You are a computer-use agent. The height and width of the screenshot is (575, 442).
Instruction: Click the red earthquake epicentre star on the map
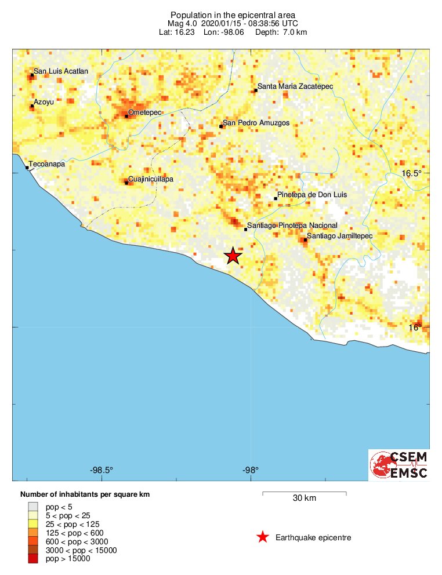click(233, 256)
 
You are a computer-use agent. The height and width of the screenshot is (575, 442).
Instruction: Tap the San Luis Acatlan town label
click(61, 71)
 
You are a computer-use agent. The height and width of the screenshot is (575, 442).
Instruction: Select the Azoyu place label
click(44, 102)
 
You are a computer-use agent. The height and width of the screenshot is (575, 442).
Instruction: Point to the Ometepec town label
click(144, 112)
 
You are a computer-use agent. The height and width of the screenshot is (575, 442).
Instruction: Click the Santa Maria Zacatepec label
click(295, 86)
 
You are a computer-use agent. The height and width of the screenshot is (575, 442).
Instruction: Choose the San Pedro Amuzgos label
click(256, 123)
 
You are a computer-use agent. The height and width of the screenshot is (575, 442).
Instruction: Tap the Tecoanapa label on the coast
click(47, 165)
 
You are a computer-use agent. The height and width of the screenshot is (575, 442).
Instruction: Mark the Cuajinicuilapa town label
click(150, 179)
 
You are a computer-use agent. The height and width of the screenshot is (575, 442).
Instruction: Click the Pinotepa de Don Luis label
click(312, 195)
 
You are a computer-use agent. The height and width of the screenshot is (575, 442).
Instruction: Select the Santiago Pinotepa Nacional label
click(292, 225)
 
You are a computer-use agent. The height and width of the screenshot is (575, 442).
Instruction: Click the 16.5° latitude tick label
click(412, 173)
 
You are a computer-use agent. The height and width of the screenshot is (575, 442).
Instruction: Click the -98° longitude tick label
click(251, 470)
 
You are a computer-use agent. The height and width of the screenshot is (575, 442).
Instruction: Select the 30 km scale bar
click(305, 493)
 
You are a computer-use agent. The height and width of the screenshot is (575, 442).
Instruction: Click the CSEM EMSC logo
click(399, 465)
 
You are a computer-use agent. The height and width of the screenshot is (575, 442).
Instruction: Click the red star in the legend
click(263, 537)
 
